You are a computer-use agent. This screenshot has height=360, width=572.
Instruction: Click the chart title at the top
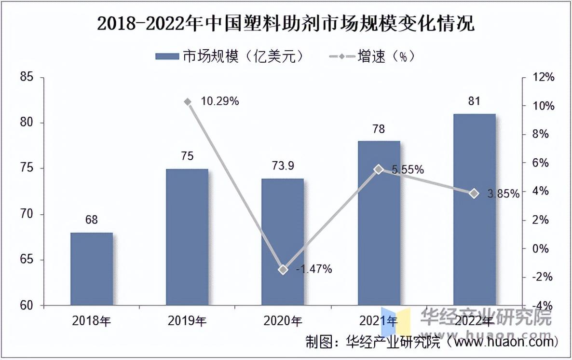286,23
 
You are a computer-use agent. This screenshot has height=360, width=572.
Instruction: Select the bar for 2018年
92,269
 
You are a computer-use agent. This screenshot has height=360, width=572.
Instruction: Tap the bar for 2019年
187,237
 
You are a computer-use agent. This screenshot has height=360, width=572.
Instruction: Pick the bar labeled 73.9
283,242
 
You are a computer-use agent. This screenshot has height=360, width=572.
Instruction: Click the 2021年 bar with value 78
379,223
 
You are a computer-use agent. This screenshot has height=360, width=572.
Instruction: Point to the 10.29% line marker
188,102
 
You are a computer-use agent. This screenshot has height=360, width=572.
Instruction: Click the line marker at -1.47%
283,270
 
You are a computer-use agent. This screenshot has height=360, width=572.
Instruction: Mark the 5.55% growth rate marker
379,169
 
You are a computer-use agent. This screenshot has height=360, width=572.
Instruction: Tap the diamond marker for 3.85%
474,194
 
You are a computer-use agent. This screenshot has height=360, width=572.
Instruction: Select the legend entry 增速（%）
371,56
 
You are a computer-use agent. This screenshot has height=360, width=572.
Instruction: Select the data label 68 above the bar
92,220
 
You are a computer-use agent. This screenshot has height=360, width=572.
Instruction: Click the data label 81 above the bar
474,101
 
